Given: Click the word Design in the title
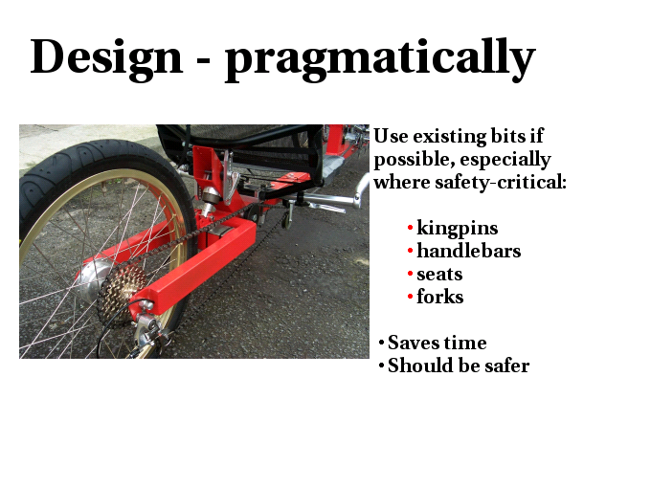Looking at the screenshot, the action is coord(106,57).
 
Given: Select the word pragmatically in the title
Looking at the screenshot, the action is coord(379,59).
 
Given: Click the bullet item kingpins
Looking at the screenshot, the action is coord(457,229).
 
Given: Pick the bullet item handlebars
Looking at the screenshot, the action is coord(469,251).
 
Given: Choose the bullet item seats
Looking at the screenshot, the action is coord(439,275).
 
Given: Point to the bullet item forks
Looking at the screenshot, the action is coord(439,297).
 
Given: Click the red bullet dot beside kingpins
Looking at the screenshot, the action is coord(410,228).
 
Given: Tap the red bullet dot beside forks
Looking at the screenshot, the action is coord(410,297).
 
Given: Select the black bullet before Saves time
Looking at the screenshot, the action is coord(382,343).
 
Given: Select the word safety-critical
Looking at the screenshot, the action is coord(501,182).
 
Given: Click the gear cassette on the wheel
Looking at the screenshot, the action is coord(121,293).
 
